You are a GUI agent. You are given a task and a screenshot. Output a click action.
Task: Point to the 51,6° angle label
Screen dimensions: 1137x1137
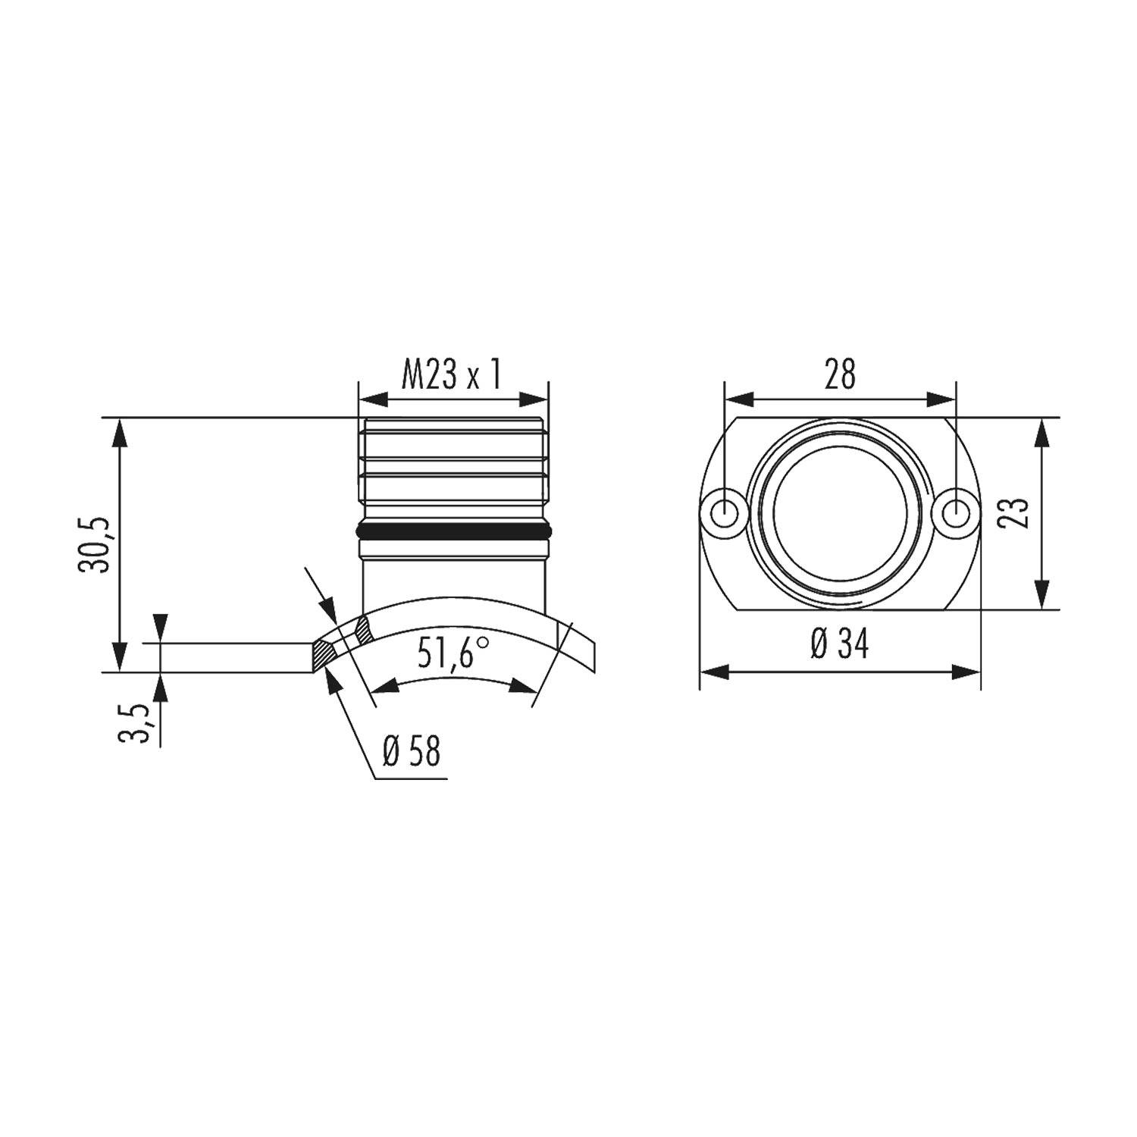click(452, 653)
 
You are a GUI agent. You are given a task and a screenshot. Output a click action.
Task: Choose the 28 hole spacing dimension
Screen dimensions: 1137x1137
click(840, 374)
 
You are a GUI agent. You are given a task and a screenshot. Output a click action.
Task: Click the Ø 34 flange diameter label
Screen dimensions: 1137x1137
click(839, 646)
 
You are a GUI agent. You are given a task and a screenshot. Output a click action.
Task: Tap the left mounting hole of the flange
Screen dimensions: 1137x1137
click(725, 513)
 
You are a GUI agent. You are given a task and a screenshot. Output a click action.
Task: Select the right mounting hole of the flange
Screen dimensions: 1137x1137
click(957, 513)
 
